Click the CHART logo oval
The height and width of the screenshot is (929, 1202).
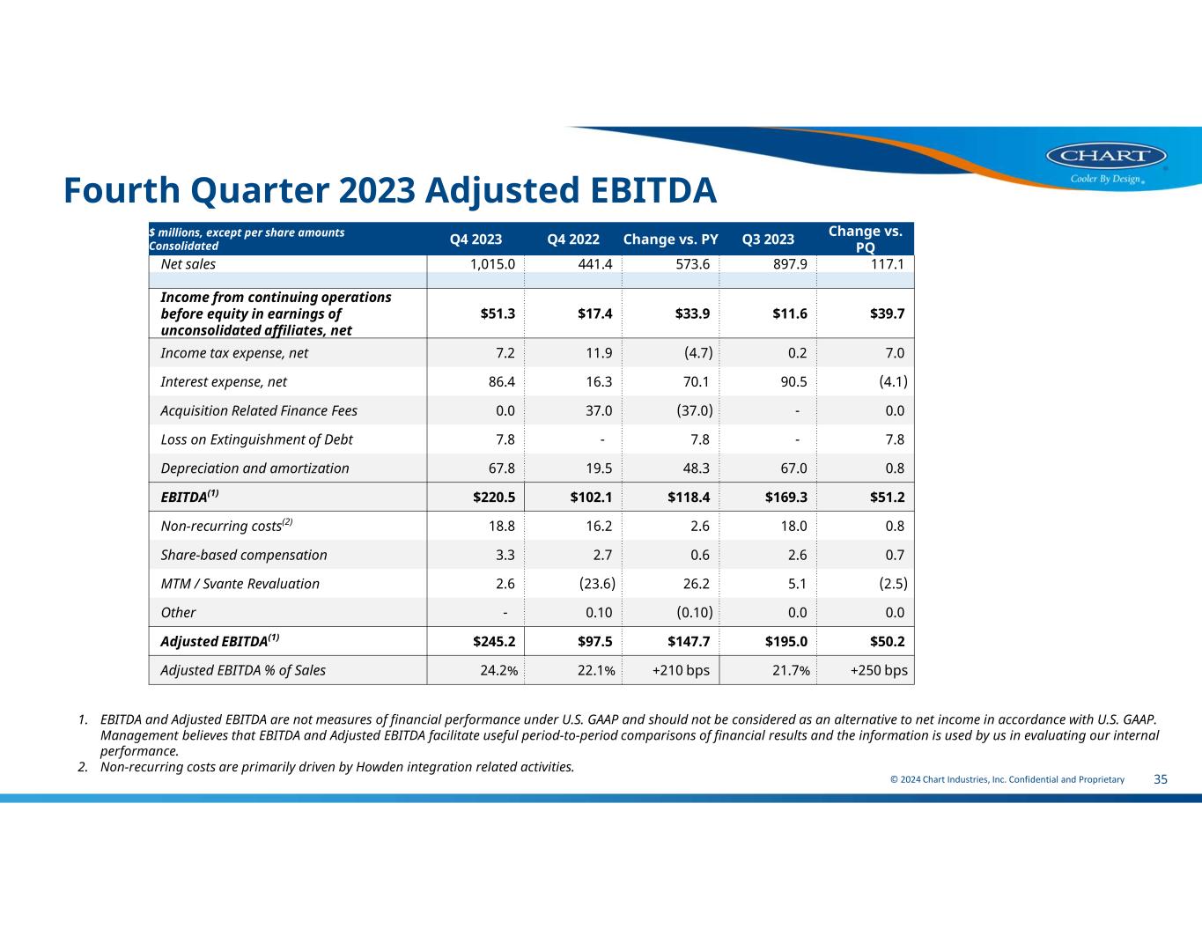1106,155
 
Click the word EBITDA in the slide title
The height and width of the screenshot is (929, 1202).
653,190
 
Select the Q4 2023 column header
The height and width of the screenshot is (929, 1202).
476,240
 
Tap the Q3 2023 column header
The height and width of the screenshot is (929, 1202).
768,240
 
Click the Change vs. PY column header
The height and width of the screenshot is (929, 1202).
670,240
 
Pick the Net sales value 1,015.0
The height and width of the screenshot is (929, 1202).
492,264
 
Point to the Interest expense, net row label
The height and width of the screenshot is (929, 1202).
224,381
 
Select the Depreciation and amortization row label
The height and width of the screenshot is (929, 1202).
254,468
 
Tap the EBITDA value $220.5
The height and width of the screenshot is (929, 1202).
494,498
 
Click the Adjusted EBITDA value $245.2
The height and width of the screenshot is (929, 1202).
494,641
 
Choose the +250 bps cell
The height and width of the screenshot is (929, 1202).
879,670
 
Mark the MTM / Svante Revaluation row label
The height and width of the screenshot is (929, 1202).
240,584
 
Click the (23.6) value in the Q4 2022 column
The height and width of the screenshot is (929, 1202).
597,584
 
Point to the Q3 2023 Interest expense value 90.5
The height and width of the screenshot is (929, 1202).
793,381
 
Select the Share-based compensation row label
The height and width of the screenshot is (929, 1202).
243,555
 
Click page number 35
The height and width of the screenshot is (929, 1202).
1161,779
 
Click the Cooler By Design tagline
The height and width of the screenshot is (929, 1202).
1106,179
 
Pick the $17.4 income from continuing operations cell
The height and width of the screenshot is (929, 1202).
595,313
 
